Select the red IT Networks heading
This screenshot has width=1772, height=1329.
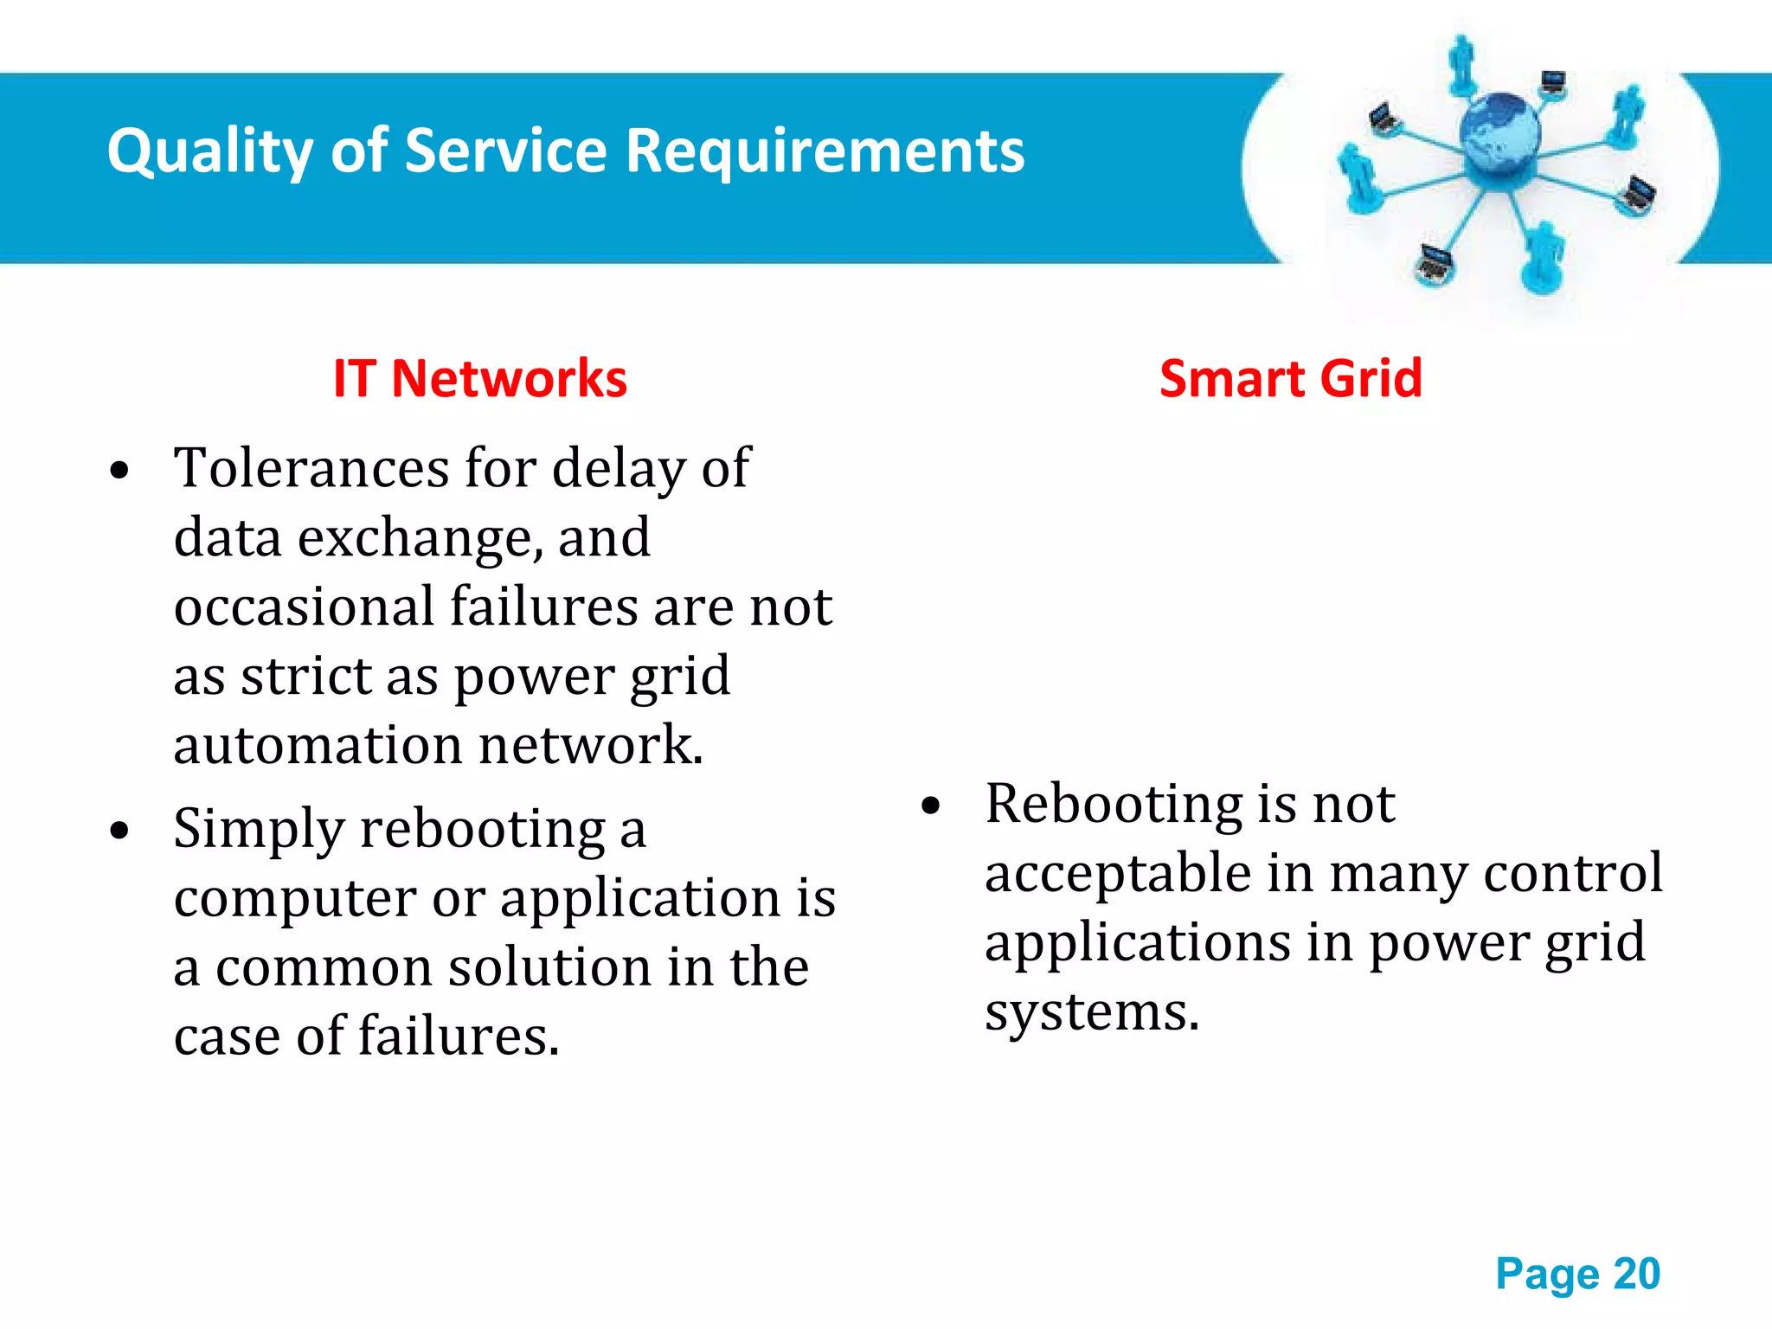(x=480, y=379)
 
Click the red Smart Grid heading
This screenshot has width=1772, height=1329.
(x=1290, y=379)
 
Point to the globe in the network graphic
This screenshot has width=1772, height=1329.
(x=1499, y=134)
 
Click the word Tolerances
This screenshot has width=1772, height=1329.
(x=311, y=468)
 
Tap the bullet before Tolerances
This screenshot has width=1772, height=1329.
(x=119, y=472)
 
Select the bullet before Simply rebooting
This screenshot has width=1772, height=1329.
(x=119, y=831)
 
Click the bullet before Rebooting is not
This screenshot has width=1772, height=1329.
(x=930, y=806)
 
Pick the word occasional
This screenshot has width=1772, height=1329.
(x=304, y=607)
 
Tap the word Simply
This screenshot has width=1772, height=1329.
(x=259, y=830)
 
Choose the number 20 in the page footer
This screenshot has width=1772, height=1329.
(x=1636, y=1274)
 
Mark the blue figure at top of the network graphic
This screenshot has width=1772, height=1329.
(x=1461, y=63)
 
